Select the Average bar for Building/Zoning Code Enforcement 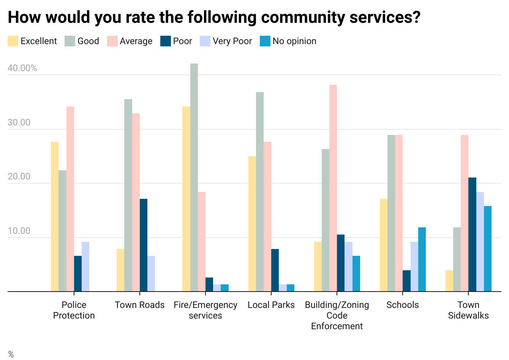333,188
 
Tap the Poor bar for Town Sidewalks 472,235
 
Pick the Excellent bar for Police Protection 55,217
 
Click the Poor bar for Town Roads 144,245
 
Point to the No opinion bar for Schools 422,260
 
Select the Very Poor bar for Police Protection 85,267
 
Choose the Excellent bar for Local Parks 252,224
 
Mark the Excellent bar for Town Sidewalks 449,281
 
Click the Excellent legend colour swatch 13,41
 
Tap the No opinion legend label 294,41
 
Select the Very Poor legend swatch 205,41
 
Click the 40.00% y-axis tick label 22,68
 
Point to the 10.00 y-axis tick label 19,231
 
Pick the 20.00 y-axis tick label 19,177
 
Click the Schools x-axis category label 403,305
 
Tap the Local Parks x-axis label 271,305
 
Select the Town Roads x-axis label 140,305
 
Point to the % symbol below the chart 11,354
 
